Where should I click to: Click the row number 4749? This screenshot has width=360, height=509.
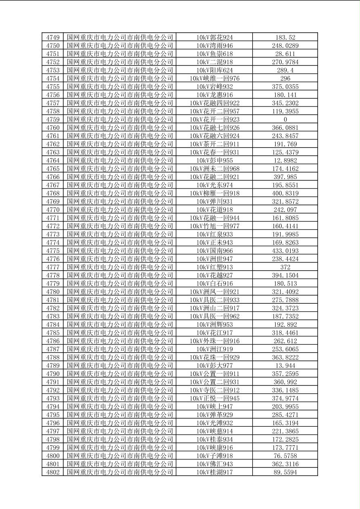(x=53, y=38)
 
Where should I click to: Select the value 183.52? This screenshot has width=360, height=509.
(x=285, y=38)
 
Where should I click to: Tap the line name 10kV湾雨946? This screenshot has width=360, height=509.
(x=214, y=46)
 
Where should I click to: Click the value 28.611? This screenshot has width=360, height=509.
(x=285, y=54)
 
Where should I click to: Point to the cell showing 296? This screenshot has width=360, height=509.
(x=285, y=78)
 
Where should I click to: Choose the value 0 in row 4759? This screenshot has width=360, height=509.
(x=285, y=119)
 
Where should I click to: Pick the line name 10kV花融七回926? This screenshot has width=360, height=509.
(x=214, y=127)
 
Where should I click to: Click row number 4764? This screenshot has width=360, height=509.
(x=53, y=161)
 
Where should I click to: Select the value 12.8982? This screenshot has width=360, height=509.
(x=285, y=161)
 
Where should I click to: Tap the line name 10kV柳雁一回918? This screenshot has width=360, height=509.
(x=214, y=193)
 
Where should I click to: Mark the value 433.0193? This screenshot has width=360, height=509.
(x=285, y=250)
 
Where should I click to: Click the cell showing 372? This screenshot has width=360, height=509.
(x=285, y=267)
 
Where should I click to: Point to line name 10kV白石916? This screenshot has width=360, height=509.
(x=214, y=284)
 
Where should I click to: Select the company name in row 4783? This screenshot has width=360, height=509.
(x=120, y=316)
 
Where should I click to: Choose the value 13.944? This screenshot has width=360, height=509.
(x=285, y=365)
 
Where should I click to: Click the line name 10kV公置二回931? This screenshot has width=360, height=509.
(x=214, y=382)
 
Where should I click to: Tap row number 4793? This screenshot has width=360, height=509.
(x=53, y=398)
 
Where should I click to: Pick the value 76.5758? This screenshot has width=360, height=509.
(x=285, y=456)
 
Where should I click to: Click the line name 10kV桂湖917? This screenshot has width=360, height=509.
(x=214, y=472)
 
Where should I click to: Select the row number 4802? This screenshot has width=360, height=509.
(x=53, y=472)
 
